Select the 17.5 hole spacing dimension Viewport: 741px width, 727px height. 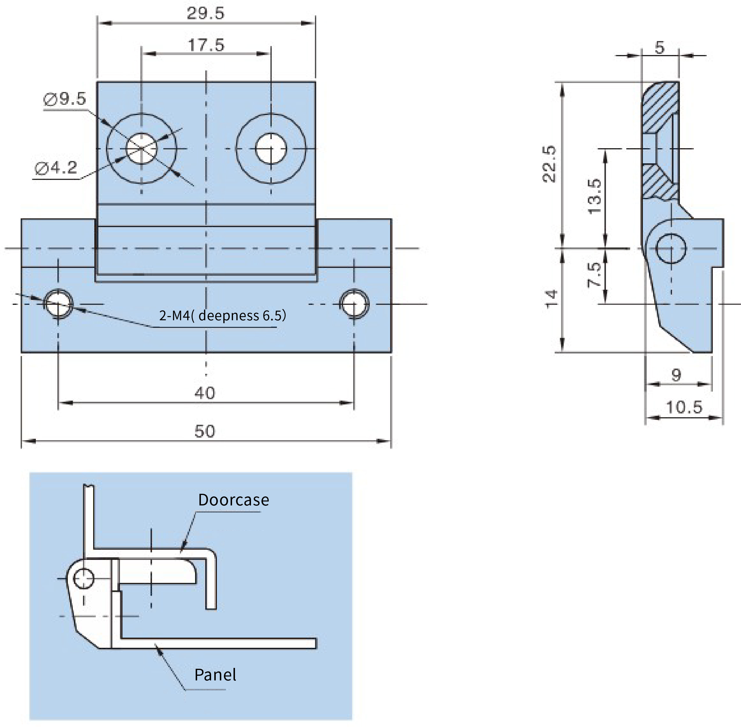point(206,45)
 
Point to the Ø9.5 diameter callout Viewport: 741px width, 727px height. point(65,99)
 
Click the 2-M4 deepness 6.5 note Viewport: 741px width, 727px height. point(222,315)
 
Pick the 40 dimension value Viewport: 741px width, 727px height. point(205,393)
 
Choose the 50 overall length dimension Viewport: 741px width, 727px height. point(205,431)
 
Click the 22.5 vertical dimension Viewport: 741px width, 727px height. point(550,164)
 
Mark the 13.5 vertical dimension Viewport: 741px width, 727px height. point(595,196)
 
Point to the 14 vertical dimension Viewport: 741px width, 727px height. point(551,299)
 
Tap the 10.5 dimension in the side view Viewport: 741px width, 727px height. point(684,407)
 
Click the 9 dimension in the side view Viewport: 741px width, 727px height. point(676,375)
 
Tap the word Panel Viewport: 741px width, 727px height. point(215,675)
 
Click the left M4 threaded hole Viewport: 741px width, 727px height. point(58,304)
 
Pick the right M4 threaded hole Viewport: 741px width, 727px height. point(354,304)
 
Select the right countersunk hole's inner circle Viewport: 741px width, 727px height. point(271,148)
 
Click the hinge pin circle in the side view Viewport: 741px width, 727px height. point(671,249)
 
